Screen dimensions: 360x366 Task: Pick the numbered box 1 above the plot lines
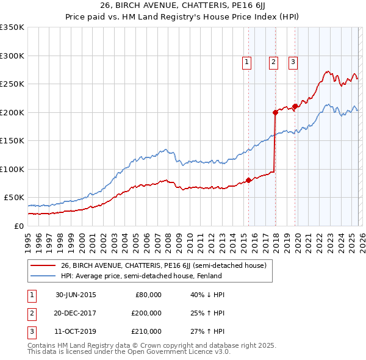[x=246, y=61]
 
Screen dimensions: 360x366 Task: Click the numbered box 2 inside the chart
[x=273, y=61]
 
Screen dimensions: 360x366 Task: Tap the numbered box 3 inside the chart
[x=293, y=61]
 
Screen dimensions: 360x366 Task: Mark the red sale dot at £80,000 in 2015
[x=248, y=180]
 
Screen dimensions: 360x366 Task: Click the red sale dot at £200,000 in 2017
[x=275, y=112]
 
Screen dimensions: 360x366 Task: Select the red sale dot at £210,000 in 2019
[x=295, y=106]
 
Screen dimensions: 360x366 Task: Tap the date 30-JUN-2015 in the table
[x=76, y=295]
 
